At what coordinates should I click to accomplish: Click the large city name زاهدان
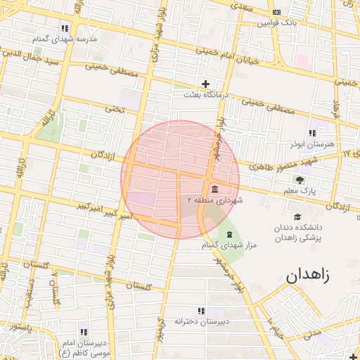(317, 276)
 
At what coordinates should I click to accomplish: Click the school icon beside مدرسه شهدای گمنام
(65, 28)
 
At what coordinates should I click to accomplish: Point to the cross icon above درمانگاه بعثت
(205, 83)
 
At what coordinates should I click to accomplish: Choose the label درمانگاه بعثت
(205, 94)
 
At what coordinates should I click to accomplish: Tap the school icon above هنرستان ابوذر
(312, 132)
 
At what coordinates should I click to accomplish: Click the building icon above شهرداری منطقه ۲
(214, 189)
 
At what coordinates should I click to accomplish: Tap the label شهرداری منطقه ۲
(214, 200)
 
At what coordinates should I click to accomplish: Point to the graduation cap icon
(297, 217)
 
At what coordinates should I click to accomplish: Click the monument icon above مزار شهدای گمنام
(229, 234)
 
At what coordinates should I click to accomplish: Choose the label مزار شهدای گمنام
(229, 245)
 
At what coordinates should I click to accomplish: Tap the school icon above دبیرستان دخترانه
(202, 310)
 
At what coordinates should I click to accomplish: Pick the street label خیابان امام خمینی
(207, 50)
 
